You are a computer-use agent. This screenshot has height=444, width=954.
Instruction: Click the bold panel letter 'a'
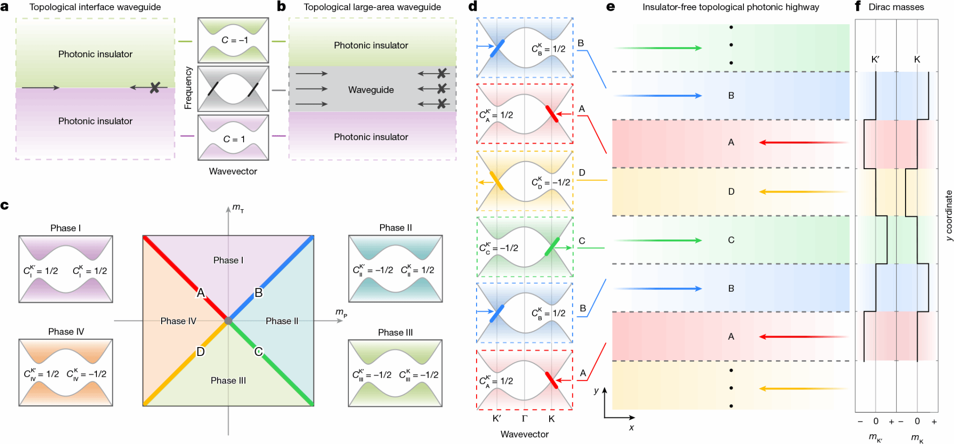pyautogui.click(x=5, y=7)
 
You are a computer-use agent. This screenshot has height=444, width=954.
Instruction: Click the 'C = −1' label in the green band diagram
pyautogui.click(x=234, y=40)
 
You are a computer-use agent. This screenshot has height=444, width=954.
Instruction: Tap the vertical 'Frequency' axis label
pyautogui.click(x=188, y=88)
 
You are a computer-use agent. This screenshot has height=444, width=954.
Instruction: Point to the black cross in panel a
pyautogui.click(x=155, y=87)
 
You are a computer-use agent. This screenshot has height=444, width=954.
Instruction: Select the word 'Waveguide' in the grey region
pyautogui.click(x=371, y=89)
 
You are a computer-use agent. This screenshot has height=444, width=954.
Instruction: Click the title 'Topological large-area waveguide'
pyautogui.click(x=372, y=7)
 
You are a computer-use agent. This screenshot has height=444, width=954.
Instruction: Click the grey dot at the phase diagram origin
pyautogui.click(x=228, y=321)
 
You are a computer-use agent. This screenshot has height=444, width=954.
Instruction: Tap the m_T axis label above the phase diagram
pyautogui.click(x=238, y=208)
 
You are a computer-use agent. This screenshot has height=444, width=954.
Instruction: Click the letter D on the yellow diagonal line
pyautogui.click(x=200, y=351)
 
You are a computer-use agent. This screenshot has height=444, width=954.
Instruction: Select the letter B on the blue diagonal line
pyautogui.click(x=259, y=293)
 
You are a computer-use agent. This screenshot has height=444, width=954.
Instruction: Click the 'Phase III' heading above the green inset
pyautogui.click(x=395, y=332)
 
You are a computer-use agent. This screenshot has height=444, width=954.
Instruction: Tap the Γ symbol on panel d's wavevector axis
pyautogui.click(x=525, y=418)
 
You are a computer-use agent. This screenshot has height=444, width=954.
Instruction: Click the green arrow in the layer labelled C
pyautogui.click(x=658, y=240)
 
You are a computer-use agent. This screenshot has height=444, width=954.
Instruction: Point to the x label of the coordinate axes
pyautogui.click(x=631, y=428)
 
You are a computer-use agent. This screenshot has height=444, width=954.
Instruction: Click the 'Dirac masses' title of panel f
pyautogui.click(x=896, y=7)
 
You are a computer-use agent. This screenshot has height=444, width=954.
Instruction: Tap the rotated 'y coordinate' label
pyautogui.click(x=948, y=216)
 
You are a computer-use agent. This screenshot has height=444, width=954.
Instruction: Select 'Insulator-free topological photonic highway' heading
pyautogui.click(x=731, y=7)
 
